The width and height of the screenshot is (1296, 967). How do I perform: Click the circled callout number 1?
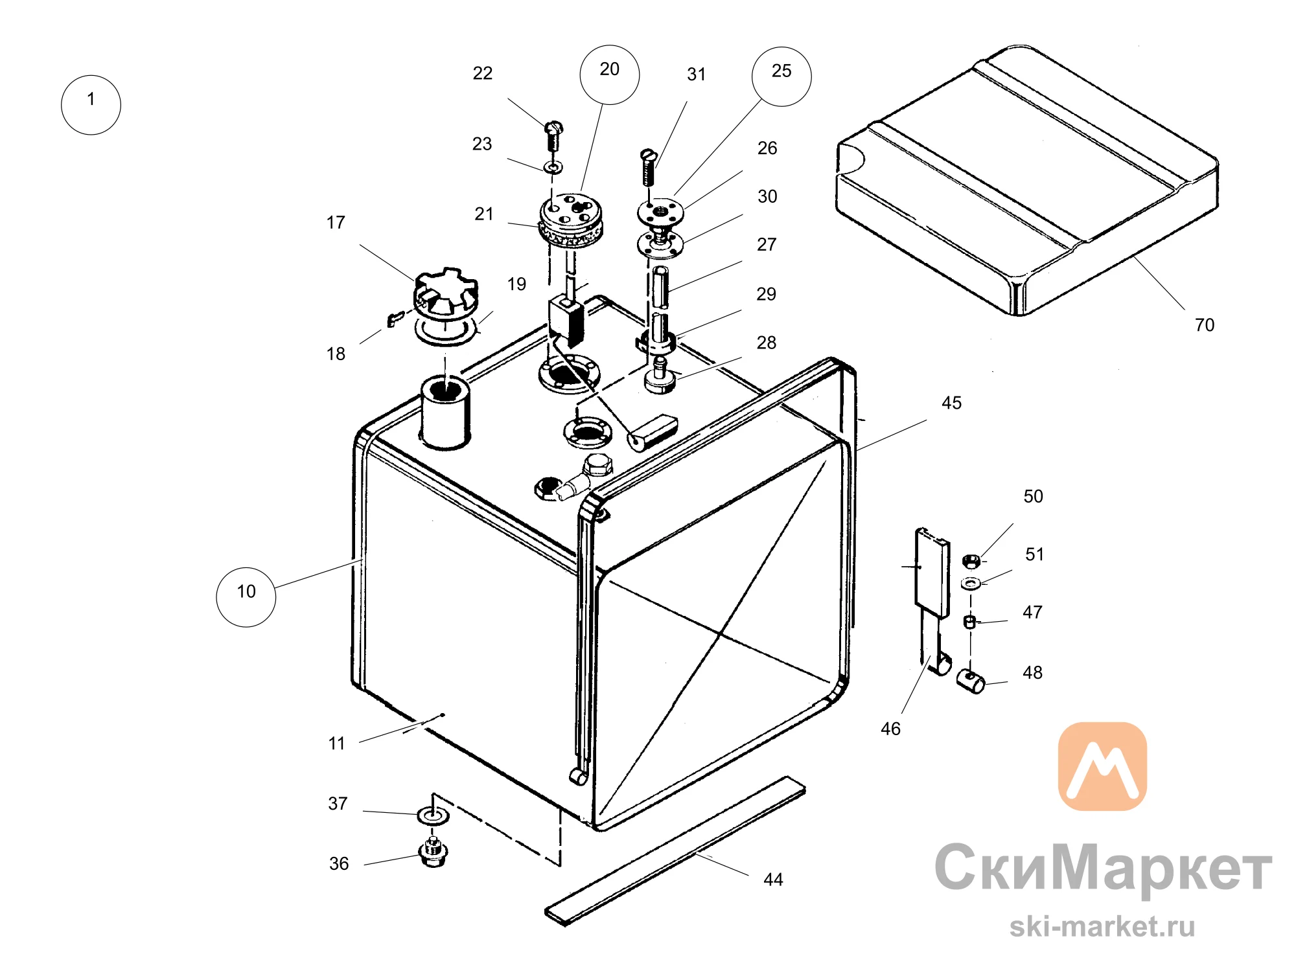pos(91,105)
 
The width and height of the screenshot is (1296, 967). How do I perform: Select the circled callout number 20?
pos(609,74)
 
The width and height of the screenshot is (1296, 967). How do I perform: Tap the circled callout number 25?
pos(781,76)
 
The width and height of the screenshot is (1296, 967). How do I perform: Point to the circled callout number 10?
pos(246,597)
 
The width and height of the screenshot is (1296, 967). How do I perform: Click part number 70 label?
pos(1205,325)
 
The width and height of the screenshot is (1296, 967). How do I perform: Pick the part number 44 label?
pos(773,880)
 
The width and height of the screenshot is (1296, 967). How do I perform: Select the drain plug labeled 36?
pos(433,852)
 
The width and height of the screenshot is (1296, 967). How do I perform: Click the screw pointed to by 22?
pos(553,135)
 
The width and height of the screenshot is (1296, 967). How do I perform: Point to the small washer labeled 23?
pos(553,167)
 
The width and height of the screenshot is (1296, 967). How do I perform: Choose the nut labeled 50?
pos(970,560)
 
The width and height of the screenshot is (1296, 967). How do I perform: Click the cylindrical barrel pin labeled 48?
pos(971,681)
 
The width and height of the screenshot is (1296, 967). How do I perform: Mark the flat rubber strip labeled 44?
pos(675,850)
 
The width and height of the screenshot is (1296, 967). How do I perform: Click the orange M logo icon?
pos(1102,766)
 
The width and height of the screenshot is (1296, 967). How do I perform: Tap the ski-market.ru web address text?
pos(1102,926)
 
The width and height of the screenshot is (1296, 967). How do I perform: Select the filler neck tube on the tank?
pos(446,413)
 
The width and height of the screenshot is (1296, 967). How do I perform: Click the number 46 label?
pos(890,729)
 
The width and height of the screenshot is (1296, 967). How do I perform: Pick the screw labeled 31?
pos(649,166)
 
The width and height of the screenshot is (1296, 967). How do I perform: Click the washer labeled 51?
pos(970,584)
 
